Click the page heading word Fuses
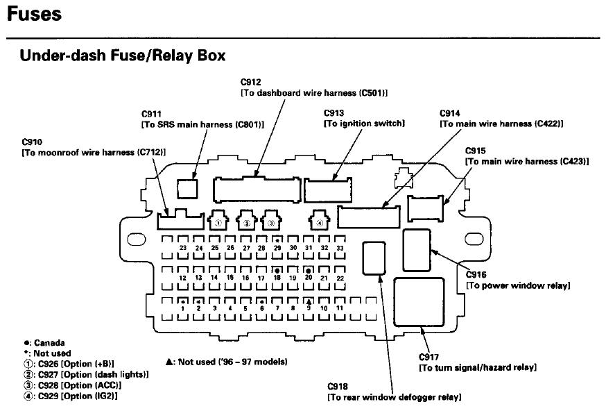34,14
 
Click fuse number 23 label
182,248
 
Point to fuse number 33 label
340,248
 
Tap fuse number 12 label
182,278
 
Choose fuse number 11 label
340,308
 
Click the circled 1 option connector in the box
218,223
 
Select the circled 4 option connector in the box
319,223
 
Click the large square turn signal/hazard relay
419,302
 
